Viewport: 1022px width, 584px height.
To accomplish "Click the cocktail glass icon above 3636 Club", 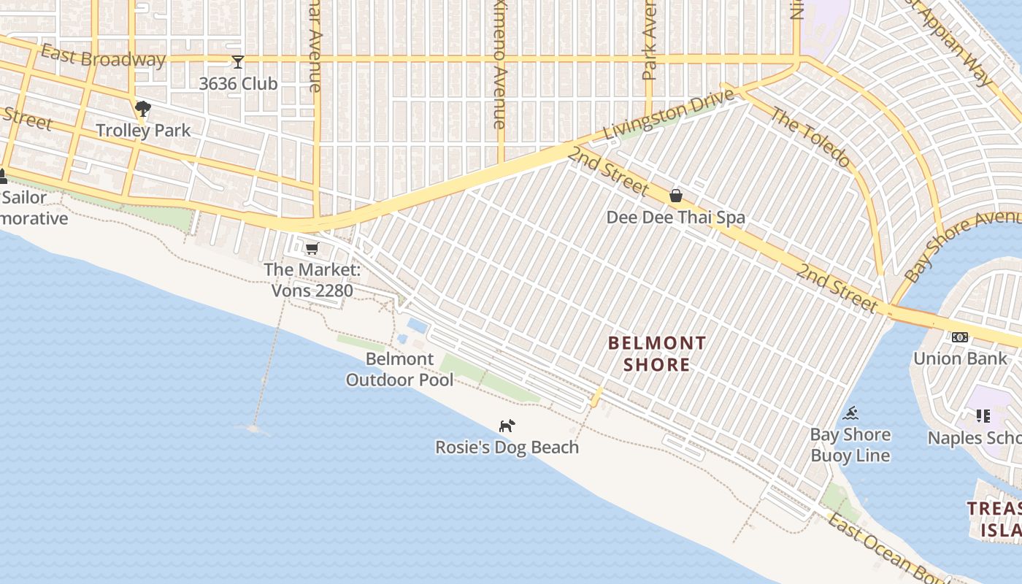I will pyautogui.click(x=238, y=62).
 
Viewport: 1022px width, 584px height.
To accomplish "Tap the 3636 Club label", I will pyautogui.click(x=238, y=84).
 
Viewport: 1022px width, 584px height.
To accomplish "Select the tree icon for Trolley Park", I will pyautogui.click(x=143, y=109).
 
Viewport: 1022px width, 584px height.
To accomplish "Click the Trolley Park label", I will pyautogui.click(x=143, y=131).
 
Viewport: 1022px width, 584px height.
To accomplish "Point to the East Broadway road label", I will pyautogui.click(x=103, y=56).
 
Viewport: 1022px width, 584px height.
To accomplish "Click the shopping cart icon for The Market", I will pyautogui.click(x=312, y=248).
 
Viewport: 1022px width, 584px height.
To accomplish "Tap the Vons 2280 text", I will pyautogui.click(x=312, y=291).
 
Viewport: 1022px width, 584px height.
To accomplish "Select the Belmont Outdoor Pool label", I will pyautogui.click(x=399, y=369).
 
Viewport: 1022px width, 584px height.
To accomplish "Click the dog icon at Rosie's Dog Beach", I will pyautogui.click(x=507, y=426).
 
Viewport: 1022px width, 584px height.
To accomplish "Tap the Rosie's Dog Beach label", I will pyautogui.click(x=507, y=447).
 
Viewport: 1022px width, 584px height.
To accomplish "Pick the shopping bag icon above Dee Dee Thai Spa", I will pyautogui.click(x=676, y=196).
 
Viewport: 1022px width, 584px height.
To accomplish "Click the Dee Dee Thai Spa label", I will pyautogui.click(x=676, y=218).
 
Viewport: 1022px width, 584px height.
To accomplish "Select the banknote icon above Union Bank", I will pyautogui.click(x=959, y=337).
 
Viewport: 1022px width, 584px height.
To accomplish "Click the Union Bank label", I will pyautogui.click(x=959, y=358).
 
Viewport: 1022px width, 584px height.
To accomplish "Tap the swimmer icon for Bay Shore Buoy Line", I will pyautogui.click(x=850, y=414).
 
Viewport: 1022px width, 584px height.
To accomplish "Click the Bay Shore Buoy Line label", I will pyautogui.click(x=850, y=445).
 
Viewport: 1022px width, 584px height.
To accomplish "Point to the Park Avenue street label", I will pyautogui.click(x=650, y=40).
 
